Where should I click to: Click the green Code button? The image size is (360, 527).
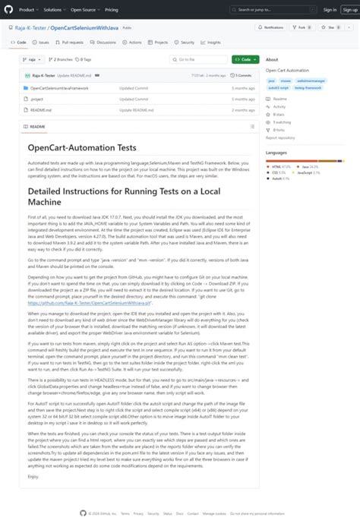245,59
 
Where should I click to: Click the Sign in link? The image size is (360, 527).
330,10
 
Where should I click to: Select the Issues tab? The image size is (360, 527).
42,43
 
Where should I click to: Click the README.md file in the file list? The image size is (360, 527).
42,109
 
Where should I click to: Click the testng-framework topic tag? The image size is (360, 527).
308,87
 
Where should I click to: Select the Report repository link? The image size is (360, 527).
280,137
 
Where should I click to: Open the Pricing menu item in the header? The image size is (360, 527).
111,10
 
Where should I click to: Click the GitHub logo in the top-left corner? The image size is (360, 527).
9,10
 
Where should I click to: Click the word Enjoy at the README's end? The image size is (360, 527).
33,476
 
